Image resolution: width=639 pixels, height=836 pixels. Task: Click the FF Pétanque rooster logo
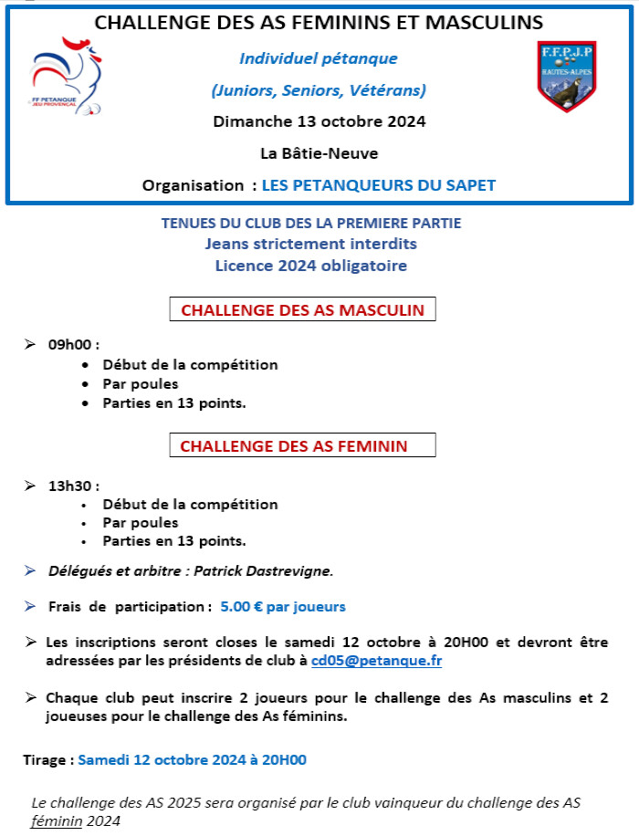tap(67, 76)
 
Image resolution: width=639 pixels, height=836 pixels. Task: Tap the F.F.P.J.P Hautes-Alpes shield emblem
tap(567, 76)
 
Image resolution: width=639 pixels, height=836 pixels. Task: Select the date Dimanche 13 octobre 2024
tap(319, 120)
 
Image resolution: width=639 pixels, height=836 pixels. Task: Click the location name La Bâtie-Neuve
tap(319, 152)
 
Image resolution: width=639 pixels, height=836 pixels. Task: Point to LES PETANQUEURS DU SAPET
tap(379, 185)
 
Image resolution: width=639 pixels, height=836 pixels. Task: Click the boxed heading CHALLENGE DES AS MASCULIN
tap(303, 309)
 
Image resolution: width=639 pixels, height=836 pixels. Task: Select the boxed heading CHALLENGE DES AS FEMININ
tap(303, 446)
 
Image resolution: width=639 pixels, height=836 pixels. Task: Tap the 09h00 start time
tap(73, 345)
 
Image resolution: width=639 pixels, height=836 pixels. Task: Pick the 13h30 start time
tap(73, 485)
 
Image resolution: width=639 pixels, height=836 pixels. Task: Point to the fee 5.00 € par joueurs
tap(283, 606)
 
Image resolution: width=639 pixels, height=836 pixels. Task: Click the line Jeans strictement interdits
tap(311, 245)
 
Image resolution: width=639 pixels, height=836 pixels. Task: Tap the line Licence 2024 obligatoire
tap(311, 266)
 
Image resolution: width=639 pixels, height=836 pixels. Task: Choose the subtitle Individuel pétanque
tap(319, 59)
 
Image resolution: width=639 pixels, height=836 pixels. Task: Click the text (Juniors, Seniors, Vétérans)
tap(319, 89)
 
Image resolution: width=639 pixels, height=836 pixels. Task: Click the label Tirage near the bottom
tap(46, 759)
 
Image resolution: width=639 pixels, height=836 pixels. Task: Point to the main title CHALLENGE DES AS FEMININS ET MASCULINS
tap(319, 22)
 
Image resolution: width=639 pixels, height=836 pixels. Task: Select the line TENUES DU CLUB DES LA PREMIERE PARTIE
tap(311, 224)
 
